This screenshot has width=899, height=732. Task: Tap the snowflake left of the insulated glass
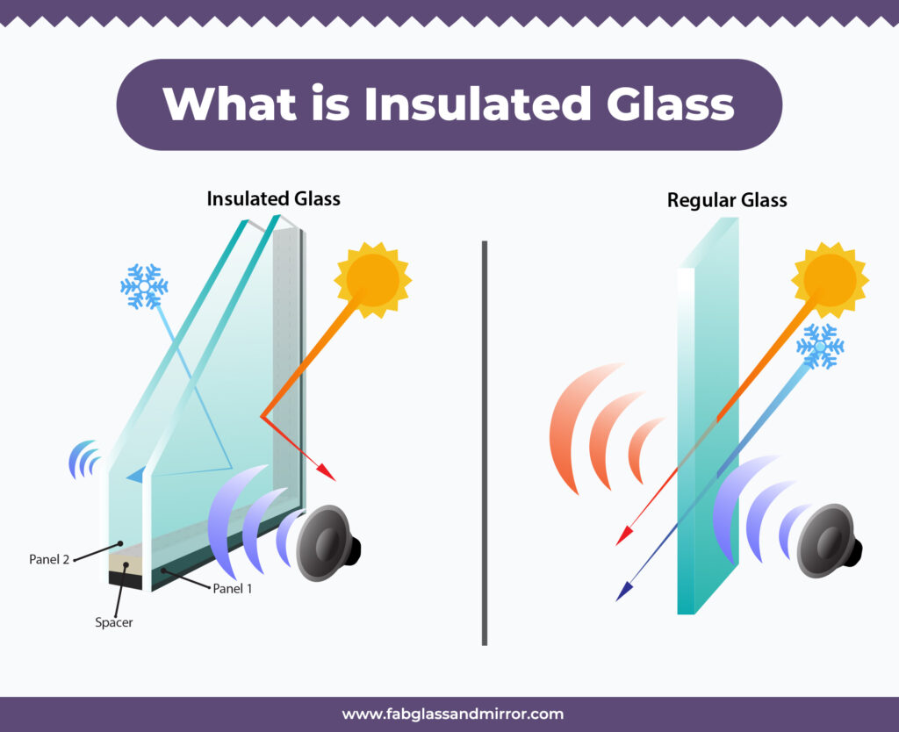(x=144, y=286)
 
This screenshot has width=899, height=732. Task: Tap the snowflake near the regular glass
(x=820, y=346)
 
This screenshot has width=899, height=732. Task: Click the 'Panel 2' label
(x=49, y=558)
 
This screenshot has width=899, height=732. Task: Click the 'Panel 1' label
(x=233, y=589)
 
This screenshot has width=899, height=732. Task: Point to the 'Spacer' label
(x=113, y=623)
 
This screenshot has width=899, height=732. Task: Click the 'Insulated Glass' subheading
(x=273, y=199)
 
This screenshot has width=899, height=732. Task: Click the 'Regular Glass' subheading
(x=727, y=200)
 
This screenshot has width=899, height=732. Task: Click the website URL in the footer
(x=452, y=714)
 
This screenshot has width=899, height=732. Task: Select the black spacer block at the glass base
(x=125, y=578)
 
